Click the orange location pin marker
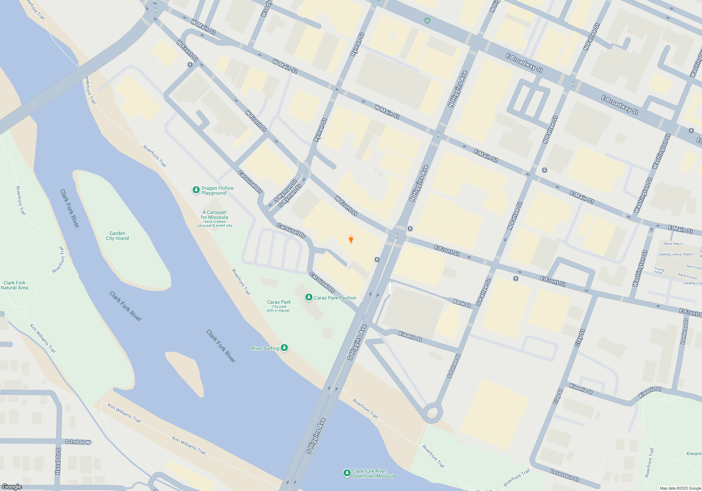[351, 239]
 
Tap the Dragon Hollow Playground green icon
[196, 190]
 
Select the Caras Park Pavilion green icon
[309, 297]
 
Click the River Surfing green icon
[284, 348]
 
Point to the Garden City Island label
[117, 236]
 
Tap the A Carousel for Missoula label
[214, 215]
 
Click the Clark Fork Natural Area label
[14, 285]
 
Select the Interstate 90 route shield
[427, 21]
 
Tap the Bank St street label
[462, 303]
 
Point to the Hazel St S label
[58, 461]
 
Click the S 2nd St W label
[78, 442]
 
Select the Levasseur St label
[564, 475]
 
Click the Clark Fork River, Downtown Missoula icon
[347, 473]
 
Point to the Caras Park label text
[279, 302]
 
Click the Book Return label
[674, 244]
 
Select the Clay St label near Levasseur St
[558, 396]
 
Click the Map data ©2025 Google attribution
[680, 488]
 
